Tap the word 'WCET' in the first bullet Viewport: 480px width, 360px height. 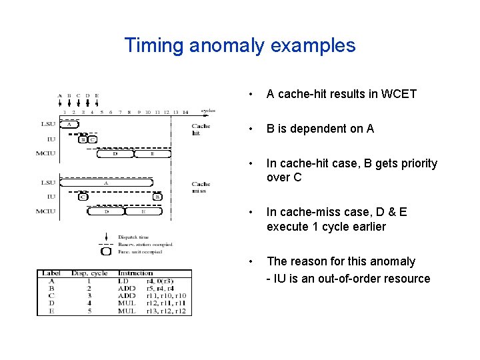pos(397,94)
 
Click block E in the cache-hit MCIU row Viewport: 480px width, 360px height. pos(151,153)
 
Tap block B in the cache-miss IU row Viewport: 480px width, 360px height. pos(157,197)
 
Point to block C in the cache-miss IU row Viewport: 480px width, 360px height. pos(83,197)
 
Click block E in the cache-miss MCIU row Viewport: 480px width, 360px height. pos(143,211)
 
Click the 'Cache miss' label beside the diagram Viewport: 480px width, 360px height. pos(200,187)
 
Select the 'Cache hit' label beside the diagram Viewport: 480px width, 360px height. pos(200,129)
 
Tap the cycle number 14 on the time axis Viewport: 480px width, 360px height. pos(185,112)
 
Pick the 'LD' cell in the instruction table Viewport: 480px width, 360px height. pos(125,281)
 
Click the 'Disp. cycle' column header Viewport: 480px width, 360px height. pos(89,273)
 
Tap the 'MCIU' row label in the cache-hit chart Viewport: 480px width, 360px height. pos(45,153)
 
